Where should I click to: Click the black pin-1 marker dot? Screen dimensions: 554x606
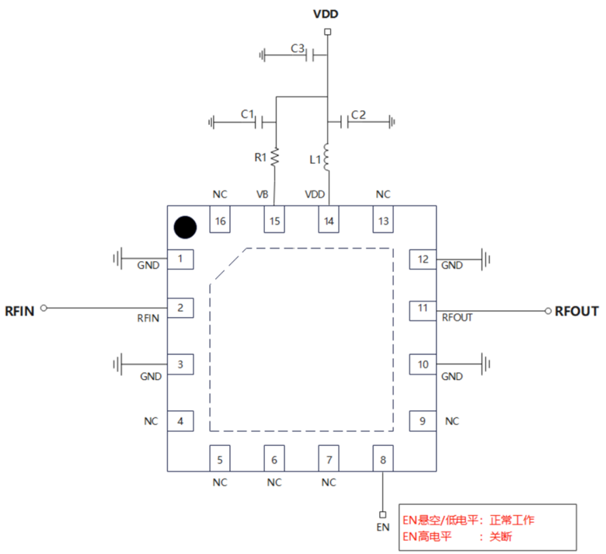coord(184,227)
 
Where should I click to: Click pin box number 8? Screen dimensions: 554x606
coord(383,458)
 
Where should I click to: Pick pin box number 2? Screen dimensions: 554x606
coord(180,308)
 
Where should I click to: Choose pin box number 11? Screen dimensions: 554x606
coord(423,308)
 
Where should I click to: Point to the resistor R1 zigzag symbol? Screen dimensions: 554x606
coord(274,158)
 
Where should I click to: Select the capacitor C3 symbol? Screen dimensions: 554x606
coord(309,55)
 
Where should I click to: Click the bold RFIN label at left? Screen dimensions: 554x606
coord(19,311)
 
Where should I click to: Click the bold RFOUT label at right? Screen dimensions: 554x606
coord(576,311)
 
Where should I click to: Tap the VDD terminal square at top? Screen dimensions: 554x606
coord(328,32)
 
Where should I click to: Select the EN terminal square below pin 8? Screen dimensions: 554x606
coord(382,514)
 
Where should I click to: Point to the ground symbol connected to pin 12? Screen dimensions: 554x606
coord(487,258)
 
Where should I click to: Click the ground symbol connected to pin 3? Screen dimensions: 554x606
coord(118,364)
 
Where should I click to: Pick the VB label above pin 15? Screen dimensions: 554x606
coord(263,195)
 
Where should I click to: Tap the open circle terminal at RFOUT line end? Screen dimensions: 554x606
coord(547,309)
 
